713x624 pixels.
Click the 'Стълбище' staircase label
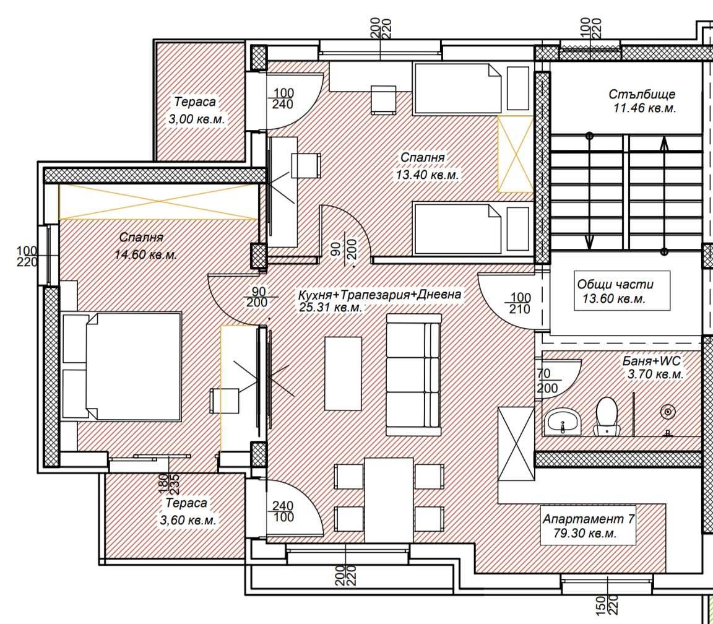pos(642,95)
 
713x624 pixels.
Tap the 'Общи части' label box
pos(615,291)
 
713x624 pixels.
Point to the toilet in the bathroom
pos(606,415)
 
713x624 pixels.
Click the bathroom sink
pos(563,422)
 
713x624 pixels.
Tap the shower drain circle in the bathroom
pos(668,412)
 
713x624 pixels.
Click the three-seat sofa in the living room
pos(413,375)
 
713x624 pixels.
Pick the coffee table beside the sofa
pos(343,373)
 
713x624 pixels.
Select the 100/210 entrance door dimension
pos(519,303)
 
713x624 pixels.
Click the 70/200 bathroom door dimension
pos(547,382)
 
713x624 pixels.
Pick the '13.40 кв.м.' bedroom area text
pos(427,175)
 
